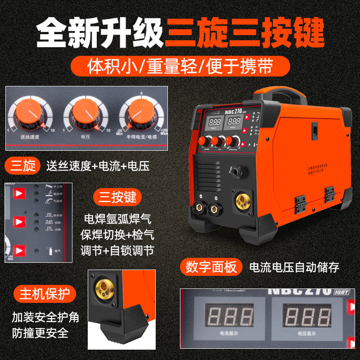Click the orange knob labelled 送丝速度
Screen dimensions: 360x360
[29, 112]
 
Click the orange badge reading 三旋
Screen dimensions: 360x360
[22, 166]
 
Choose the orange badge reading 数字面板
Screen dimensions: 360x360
[211, 267]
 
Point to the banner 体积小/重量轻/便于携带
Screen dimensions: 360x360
[180, 67]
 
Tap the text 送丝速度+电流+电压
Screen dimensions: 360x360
[98, 166]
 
